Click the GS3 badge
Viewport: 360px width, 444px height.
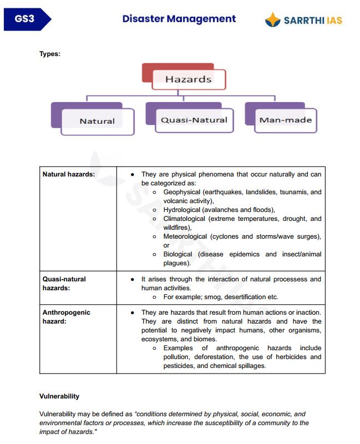coord(25,19)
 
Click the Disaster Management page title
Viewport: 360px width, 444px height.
coord(179,19)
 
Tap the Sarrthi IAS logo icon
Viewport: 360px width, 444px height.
coord(272,20)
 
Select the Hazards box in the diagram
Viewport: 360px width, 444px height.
coord(188,79)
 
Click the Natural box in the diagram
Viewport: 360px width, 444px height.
coord(97,121)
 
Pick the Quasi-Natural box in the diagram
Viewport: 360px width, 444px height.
coord(194,120)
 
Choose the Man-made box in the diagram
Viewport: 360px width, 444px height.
coord(286,120)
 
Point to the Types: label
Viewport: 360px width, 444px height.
coord(50,54)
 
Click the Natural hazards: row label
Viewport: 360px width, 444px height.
coord(69,174)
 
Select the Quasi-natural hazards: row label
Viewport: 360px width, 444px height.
coord(64,284)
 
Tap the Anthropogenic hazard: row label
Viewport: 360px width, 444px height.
coord(66,317)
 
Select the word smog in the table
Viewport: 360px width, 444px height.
coord(214,297)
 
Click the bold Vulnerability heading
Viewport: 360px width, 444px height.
coord(59,396)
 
